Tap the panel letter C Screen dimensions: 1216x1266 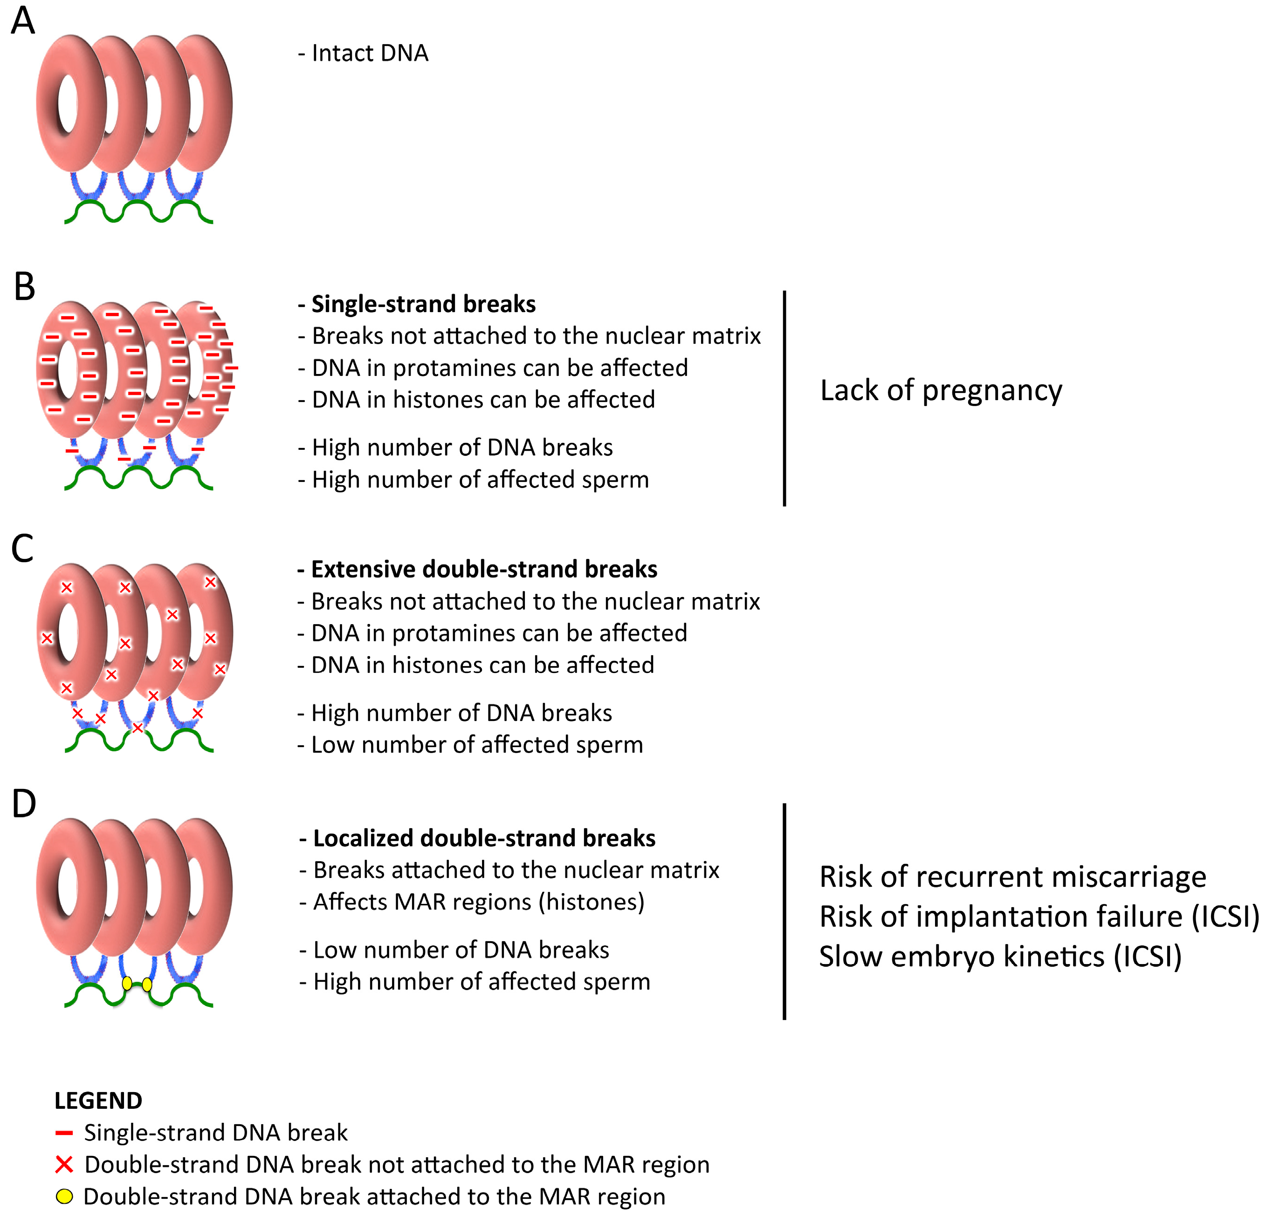22,549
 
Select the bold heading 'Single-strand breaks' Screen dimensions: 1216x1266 423,304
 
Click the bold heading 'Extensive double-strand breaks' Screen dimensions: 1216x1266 484,569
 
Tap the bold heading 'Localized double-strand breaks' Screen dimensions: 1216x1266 484,838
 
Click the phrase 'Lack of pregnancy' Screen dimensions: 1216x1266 941,390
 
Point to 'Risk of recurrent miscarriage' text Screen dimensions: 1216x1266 1012,876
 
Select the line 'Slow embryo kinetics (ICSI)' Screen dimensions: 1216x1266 1000,956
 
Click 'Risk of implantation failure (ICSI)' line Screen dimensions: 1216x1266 1039,917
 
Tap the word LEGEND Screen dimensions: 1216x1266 98,1101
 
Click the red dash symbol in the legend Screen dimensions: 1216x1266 64,1133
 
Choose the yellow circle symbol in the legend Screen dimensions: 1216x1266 64,1196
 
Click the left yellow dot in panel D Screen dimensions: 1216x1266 127,983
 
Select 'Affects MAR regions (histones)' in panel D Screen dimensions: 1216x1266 479,902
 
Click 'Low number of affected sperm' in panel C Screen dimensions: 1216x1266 477,745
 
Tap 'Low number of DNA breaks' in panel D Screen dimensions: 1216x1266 461,950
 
